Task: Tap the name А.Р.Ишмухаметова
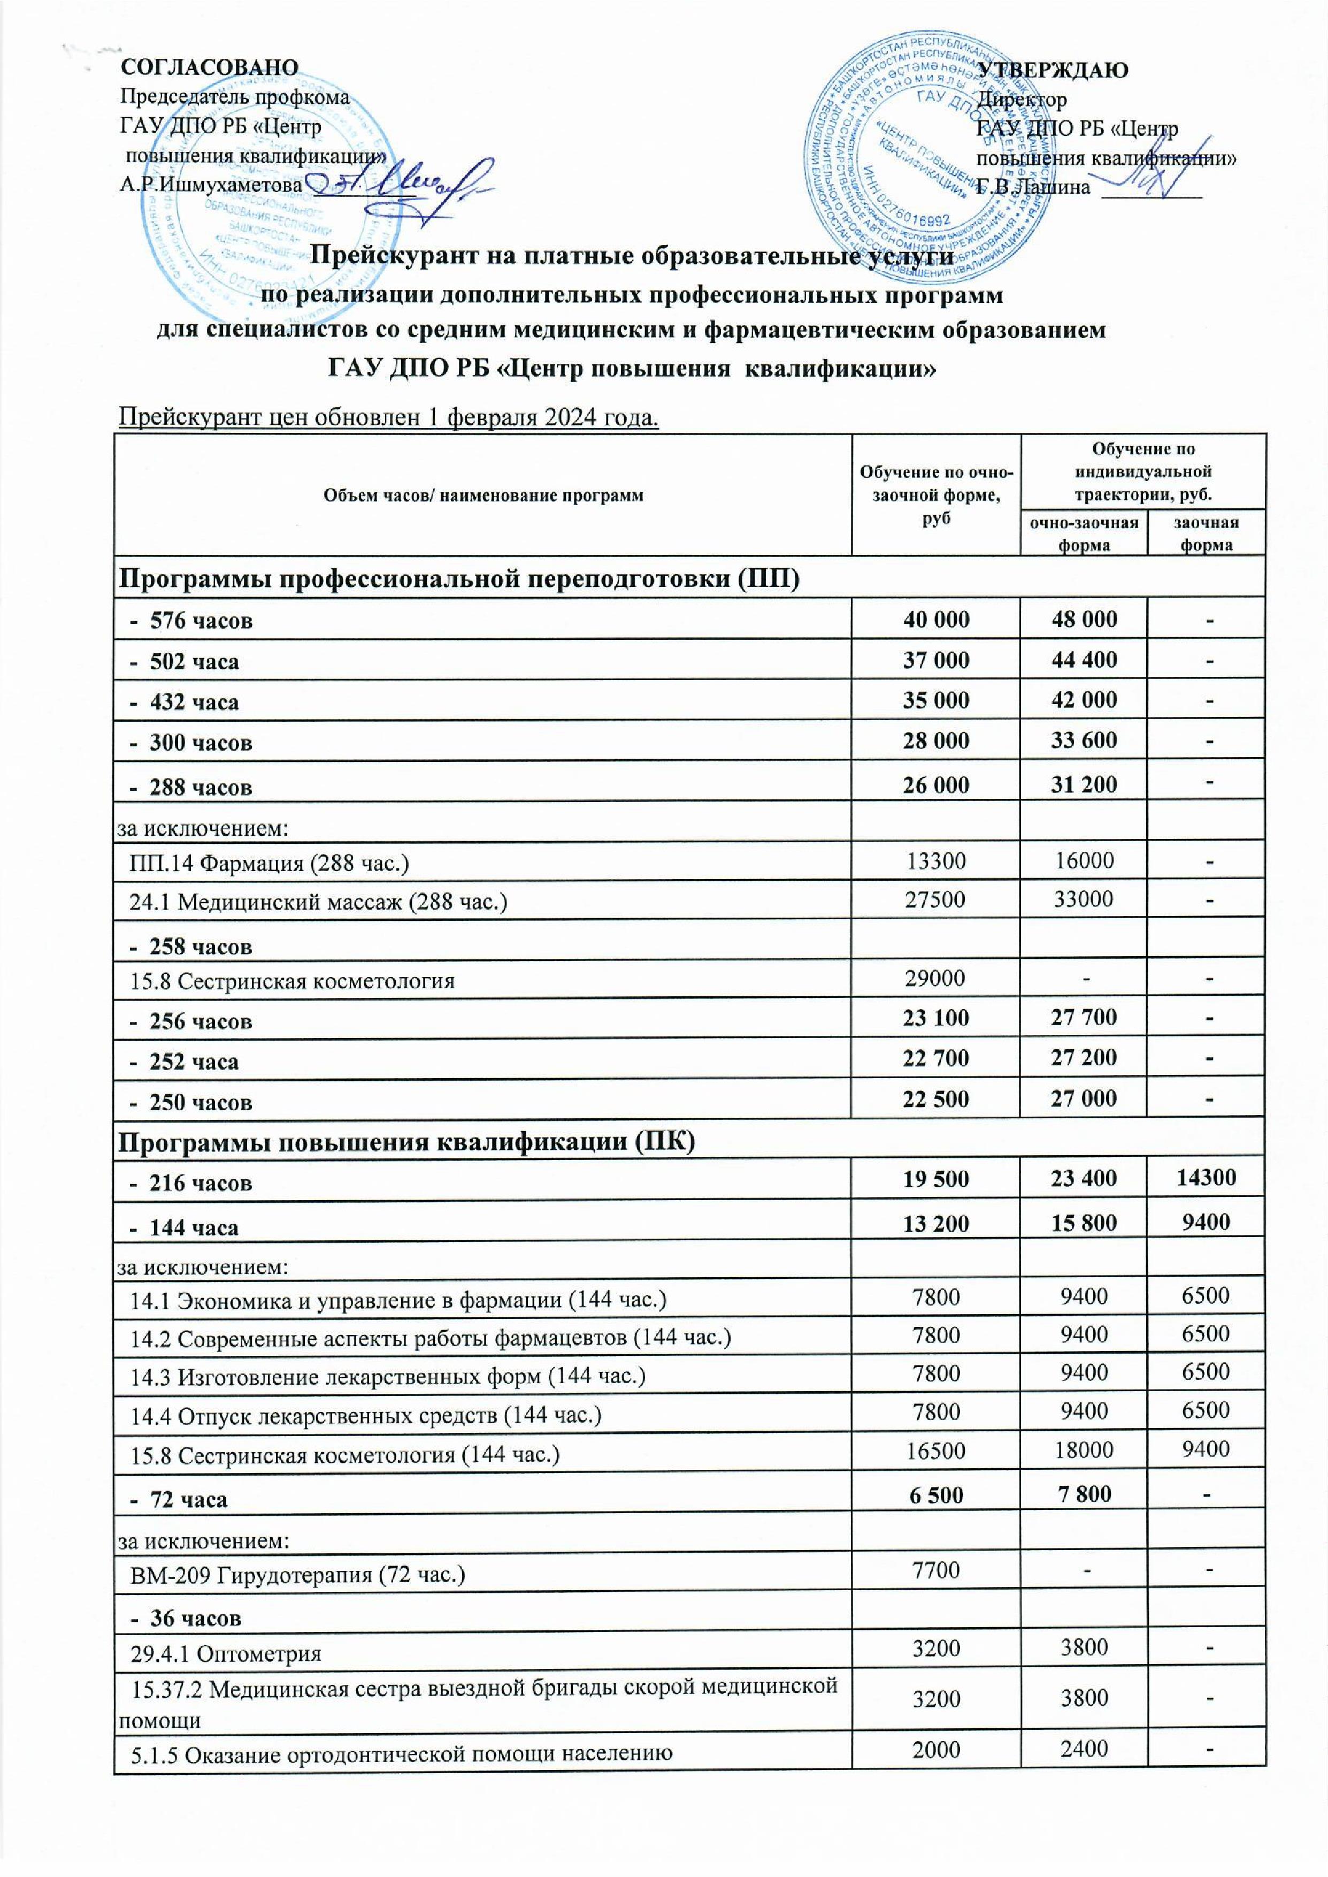coord(211,185)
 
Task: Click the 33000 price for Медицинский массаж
coord(1084,899)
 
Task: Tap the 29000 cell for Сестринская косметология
coord(935,979)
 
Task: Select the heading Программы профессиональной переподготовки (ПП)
coord(459,579)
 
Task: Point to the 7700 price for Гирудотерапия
coord(935,1569)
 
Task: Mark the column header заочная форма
coord(1206,534)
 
